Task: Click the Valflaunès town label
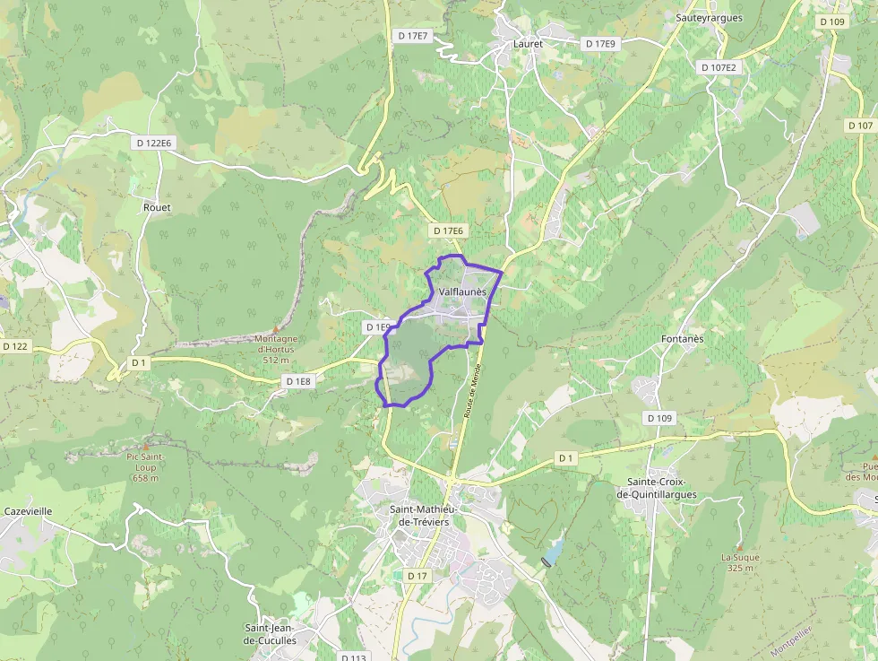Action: pos(462,291)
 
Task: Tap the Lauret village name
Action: pos(529,43)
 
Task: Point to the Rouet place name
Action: pos(157,207)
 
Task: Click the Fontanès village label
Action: pos(682,339)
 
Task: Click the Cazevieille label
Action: pos(28,511)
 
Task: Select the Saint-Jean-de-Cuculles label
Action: pos(271,634)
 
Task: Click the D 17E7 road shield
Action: pos(413,36)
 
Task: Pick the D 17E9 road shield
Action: pos(600,43)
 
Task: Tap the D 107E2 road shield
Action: pos(719,67)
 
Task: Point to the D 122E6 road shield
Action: pos(154,143)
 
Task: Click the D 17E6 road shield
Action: pos(448,230)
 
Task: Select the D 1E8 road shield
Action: pos(298,381)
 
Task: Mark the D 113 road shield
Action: pos(354,657)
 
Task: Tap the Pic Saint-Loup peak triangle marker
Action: pos(145,446)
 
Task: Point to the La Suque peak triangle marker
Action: pos(739,546)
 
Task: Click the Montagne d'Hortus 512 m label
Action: pos(276,349)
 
